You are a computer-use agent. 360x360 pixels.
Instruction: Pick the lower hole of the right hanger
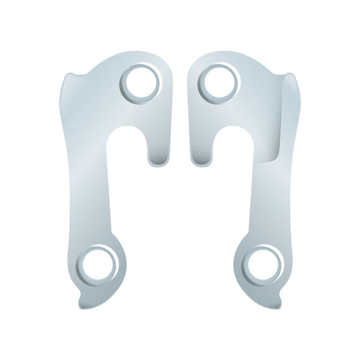coord(261,264)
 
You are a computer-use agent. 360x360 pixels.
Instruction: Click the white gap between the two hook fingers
coord(180,135)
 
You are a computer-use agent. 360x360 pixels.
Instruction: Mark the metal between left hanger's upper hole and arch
coord(135,111)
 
